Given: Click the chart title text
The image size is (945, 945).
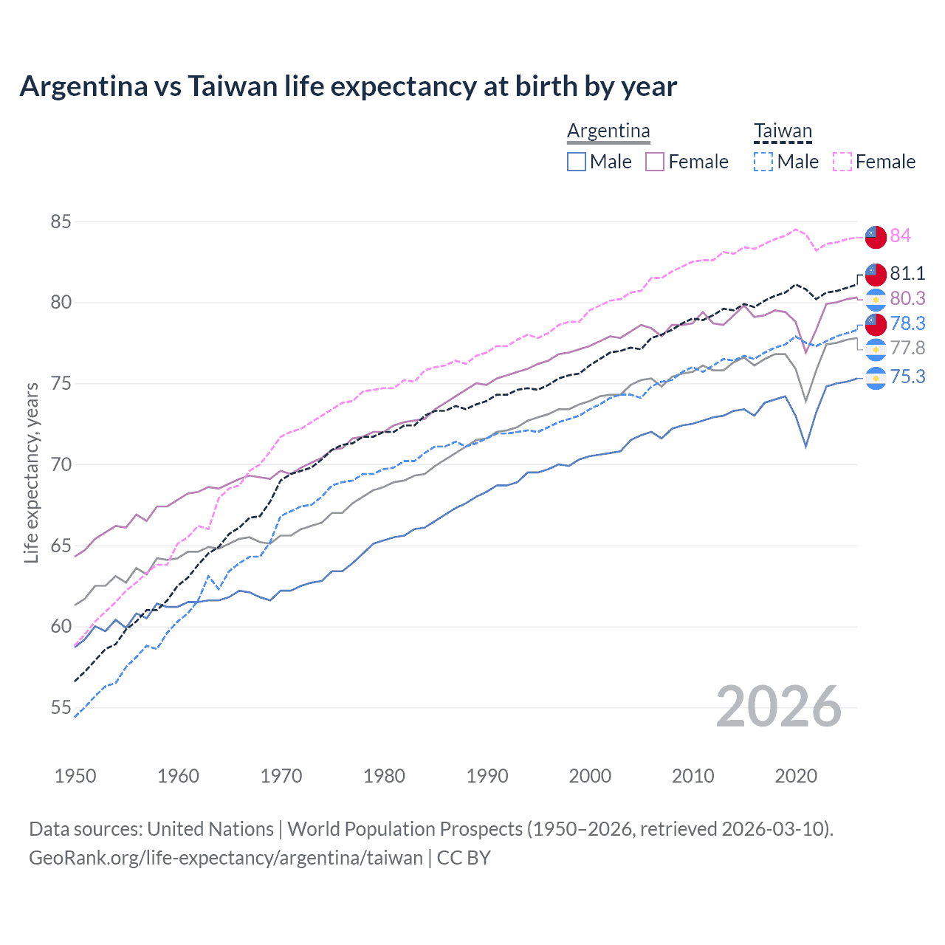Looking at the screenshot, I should [348, 86].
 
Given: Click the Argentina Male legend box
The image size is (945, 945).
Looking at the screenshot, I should [577, 162].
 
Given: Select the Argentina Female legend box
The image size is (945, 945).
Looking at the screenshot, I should [655, 162].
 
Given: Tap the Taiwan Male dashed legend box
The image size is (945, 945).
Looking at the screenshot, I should [763, 162].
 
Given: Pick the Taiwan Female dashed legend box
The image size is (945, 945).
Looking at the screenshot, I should [842, 162].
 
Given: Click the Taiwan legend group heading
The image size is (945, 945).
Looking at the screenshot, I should [783, 131].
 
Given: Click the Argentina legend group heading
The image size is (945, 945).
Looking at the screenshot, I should [608, 131].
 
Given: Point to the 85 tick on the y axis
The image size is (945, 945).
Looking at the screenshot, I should [61, 221].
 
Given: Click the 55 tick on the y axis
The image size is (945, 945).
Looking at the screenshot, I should [61, 707].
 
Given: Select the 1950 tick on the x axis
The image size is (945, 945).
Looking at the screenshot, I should [75, 776].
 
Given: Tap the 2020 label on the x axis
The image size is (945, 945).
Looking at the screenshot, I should [796, 776].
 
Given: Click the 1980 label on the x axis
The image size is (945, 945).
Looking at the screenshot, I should [384, 776].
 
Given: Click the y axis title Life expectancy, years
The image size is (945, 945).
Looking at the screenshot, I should [31, 472].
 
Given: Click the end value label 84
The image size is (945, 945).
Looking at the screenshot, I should [900, 236].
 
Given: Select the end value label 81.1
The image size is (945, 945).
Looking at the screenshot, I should [907, 273].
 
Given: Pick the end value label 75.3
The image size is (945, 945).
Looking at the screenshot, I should [907, 377].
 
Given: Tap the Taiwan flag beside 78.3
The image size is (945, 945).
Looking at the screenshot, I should [876, 323].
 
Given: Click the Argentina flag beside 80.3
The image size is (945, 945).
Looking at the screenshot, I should [876, 299].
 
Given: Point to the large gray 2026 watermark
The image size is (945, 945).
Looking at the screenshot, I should [778, 707].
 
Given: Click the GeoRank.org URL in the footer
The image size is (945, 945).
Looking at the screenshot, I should [226, 857].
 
